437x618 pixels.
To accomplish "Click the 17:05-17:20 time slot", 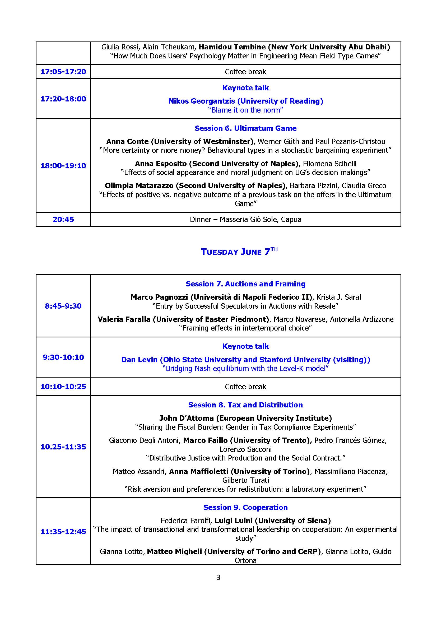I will point(63,72).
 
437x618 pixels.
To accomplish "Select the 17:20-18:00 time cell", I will point(63,99).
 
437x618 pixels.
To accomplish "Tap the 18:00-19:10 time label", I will point(63,166).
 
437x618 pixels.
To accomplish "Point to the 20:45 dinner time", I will point(63,219).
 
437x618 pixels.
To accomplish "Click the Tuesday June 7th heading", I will point(239,252).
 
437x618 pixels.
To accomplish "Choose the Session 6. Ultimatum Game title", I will point(245,128).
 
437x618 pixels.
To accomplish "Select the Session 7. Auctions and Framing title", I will point(245,284).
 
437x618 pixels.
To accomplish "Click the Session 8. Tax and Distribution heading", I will point(245,405).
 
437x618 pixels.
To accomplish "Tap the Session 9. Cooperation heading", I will point(245,507).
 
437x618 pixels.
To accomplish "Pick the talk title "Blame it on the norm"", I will point(245,110).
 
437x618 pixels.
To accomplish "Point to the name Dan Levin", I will point(139,360).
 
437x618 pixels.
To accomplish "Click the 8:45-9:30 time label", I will point(63,306).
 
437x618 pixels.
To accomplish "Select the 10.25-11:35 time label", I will point(63,447).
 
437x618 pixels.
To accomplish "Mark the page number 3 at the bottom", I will point(218,577).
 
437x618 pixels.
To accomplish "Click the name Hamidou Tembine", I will point(232,47).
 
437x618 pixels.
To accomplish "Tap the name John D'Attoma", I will point(187,418).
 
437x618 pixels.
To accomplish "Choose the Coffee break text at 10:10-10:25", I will point(245,387).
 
